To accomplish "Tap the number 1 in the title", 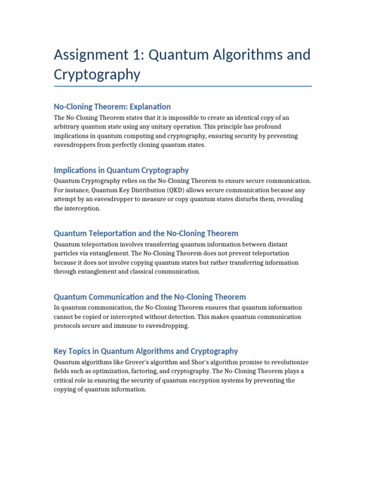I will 142,55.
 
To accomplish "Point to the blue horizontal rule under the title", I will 183,86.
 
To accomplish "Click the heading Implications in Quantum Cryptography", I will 121,170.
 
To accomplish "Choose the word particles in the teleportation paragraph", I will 67,254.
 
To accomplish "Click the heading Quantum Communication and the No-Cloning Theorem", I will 150,297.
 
